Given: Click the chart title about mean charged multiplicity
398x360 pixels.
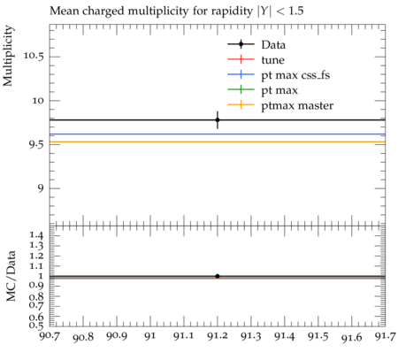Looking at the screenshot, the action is pos(176,11).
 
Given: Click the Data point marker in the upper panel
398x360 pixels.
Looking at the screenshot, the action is pos(218,119).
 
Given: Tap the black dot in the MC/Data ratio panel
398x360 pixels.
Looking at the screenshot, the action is pos(218,276).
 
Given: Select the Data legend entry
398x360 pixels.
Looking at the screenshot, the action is pos(256,45).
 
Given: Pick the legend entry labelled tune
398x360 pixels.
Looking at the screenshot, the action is pos(256,60).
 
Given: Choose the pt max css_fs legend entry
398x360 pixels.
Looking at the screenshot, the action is pos(279,75).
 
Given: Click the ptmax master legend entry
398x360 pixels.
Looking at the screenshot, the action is pos(280,105).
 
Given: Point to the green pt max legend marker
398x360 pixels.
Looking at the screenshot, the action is pos(241,89).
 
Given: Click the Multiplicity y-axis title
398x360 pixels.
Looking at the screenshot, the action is pos(8,56).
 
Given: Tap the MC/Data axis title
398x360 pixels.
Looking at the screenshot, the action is pos(11,276).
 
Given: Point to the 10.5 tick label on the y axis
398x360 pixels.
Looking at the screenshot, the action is pos(34,56).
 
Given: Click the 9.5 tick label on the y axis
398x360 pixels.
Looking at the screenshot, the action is pos(36,144).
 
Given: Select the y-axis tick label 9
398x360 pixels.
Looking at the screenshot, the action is pos(41,188).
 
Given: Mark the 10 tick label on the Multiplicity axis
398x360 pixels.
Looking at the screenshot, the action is pos(38,101).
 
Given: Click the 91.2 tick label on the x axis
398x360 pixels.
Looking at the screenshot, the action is pos(218,336).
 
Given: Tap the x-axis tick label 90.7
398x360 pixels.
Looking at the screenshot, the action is pos(50,336).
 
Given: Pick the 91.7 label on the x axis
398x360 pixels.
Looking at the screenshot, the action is pos(386,336).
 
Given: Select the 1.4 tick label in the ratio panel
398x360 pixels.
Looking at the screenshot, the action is pos(36,235).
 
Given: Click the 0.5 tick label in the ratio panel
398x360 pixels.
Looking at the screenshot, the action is pos(36,325).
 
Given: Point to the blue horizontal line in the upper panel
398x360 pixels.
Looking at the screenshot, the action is pos(218,134).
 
